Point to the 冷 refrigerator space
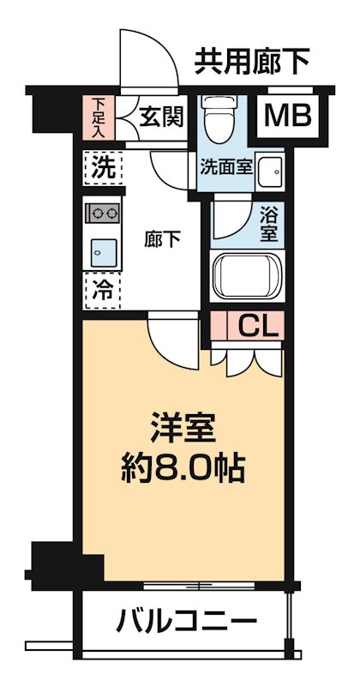click(101, 288)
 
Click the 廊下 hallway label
click(161, 239)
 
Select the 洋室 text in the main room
click(183, 426)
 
